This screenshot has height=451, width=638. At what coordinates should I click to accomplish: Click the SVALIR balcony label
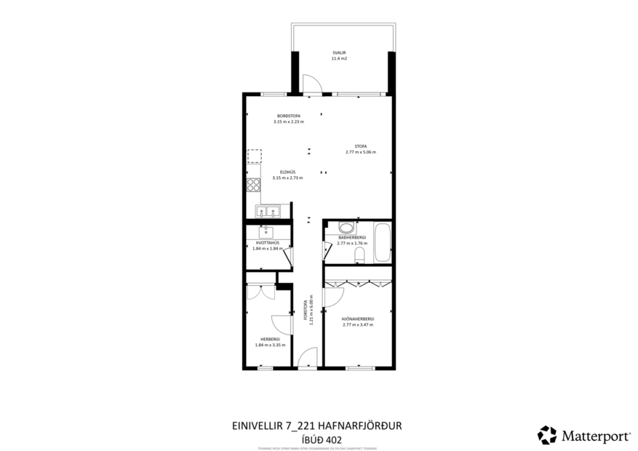[x=339, y=52]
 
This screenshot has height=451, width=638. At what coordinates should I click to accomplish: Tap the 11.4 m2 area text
[x=339, y=58]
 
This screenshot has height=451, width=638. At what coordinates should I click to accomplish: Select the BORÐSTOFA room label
[x=288, y=116]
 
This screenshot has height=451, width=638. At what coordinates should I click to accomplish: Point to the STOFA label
[x=360, y=146]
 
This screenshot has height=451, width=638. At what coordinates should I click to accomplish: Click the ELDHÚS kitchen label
[x=287, y=172]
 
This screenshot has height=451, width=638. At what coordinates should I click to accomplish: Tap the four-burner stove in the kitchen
[x=254, y=185]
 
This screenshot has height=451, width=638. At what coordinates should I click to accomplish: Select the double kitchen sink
[x=268, y=212]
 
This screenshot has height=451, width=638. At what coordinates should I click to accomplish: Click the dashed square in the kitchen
[x=254, y=156]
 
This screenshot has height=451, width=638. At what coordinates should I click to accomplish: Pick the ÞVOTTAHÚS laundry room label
[x=266, y=243]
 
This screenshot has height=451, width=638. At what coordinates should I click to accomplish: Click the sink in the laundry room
[x=266, y=232]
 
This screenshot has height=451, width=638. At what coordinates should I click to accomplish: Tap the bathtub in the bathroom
[x=382, y=244]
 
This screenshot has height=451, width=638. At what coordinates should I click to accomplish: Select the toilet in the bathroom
[x=359, y=255]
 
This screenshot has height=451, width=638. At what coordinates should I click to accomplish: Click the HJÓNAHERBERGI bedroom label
[x=357, y=319]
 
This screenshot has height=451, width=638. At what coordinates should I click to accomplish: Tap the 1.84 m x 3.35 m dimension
[x=270, y=345]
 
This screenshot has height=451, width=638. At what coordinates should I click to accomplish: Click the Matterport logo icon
[x=547, y=435]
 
